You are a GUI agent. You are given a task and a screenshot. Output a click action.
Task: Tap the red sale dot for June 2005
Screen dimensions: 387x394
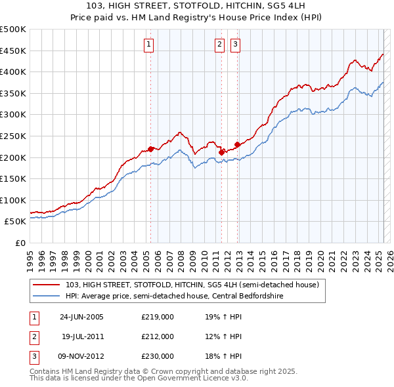click(151, 149)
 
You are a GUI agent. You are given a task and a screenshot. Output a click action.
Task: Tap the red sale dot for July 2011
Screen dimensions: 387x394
click(221, 152)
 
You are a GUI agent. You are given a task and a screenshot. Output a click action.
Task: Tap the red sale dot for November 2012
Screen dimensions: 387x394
click(236, 144)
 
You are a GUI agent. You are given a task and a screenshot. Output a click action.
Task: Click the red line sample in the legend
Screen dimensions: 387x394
click(47, 285)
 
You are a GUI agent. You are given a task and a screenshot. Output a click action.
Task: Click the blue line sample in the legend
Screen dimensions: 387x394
click(47, 295)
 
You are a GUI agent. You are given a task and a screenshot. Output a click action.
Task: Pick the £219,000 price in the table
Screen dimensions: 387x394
click(158, 316)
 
